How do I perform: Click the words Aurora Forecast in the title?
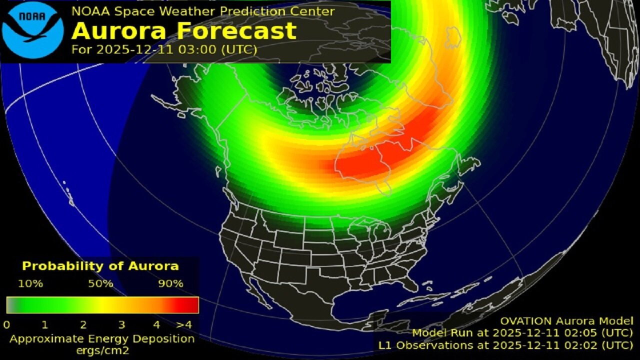coord(184,31)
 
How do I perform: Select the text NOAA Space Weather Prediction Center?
coord(203,10)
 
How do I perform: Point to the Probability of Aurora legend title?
coord(100,266)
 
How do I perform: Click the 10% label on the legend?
coord(30,283)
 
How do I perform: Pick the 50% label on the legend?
coord(100,283)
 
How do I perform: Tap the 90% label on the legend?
coord(171,283)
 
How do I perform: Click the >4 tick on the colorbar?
coord(185,325)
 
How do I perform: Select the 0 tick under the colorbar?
coord(6,325)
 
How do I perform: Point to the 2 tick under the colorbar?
coord(83,325)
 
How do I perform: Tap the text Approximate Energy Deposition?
coord(102,338)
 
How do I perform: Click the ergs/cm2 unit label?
coord(101,350)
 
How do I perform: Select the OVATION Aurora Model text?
coord(567,321)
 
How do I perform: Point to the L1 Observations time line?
coord(505,344)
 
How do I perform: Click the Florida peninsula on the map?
coord(411,282)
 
